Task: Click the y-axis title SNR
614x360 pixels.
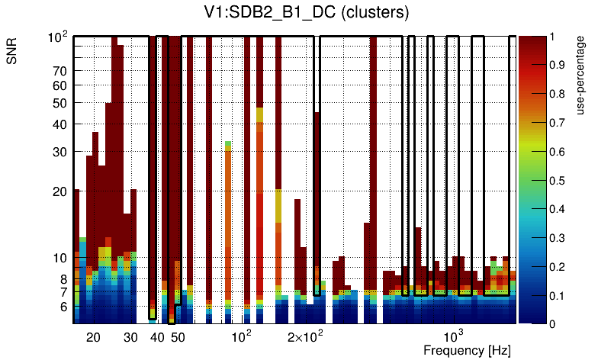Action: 13,53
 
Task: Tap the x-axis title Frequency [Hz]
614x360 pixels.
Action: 467,351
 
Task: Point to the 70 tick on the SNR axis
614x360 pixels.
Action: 60,72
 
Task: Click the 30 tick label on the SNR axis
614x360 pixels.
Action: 60,152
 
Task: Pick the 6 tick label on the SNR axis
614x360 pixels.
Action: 64,307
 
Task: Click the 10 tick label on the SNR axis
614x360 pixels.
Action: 60,259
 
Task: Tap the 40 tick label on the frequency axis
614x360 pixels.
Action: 157,337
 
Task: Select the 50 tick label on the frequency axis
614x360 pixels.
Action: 177,337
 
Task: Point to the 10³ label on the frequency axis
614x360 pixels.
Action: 454,336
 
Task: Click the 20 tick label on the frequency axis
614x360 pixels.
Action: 93,337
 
